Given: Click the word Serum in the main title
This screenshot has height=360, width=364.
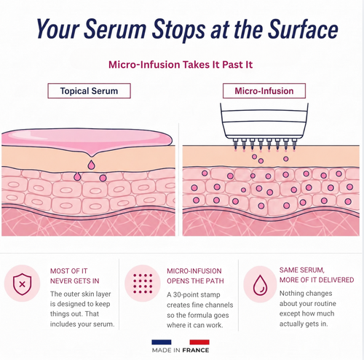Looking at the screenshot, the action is tap(115, 28).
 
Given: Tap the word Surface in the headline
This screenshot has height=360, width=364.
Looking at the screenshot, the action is tap(303, 28).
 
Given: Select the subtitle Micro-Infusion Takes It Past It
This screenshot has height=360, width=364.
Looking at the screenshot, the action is tap(181, 65).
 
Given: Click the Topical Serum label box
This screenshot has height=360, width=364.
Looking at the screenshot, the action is tap(89, 91).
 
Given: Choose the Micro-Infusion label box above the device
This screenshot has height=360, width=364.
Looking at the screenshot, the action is tap(264, 91).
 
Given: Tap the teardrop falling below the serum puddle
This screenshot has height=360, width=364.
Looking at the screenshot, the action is tap(91, 165).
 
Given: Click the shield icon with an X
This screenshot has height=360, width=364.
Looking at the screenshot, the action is tap(22, 284).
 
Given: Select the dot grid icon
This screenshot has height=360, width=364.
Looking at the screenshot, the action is tap(143, 283).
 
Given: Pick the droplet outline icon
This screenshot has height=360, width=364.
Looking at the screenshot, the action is tap(260, 284).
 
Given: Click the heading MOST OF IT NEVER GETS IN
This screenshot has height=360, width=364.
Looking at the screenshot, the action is tap(75, 276).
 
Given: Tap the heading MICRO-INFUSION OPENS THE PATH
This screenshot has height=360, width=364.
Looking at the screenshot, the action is tap(195, 276).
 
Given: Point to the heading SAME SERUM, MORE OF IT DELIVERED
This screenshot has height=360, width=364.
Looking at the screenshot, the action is tap(317, 275).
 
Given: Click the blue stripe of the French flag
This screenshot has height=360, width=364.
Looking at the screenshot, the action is tap(162, 342).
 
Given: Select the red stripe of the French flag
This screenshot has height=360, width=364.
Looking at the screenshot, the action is tap(199, 342).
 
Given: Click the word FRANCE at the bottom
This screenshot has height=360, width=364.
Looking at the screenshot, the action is tap(196, 350).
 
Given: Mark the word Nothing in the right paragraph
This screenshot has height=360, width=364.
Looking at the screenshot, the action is tap(290, 294).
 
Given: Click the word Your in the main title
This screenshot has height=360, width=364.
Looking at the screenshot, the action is tap(58, 28).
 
